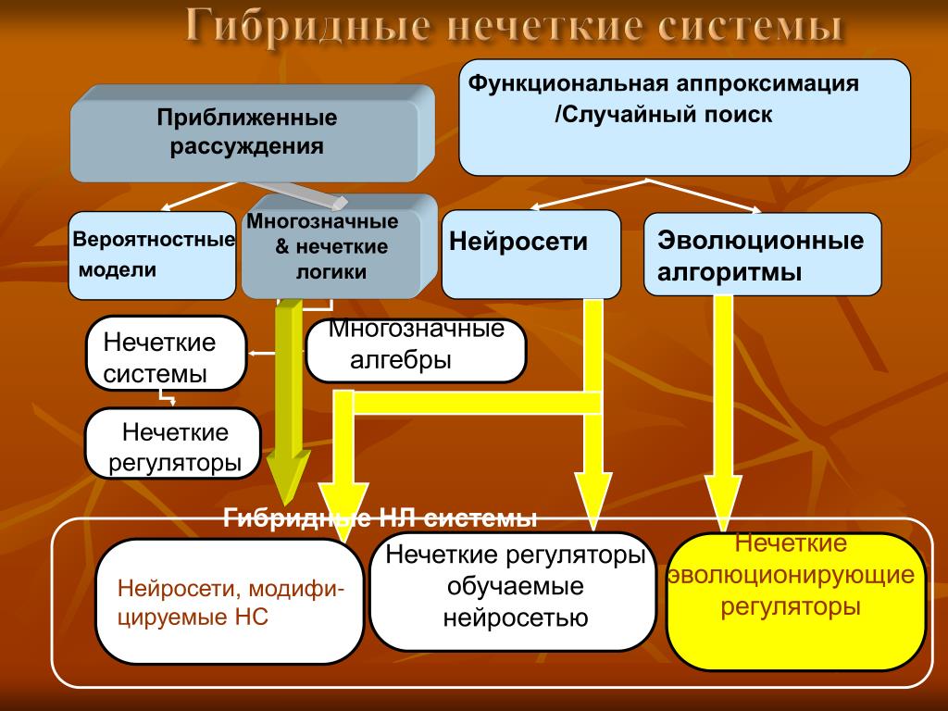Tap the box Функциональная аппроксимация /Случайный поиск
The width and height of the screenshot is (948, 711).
click(684, 118)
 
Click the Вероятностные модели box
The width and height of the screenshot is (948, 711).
click(152, 256)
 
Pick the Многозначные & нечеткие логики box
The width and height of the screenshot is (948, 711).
click(339, 246)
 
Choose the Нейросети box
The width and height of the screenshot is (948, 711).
click(530, 254)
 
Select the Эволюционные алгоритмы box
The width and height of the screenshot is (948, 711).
click(762, 254)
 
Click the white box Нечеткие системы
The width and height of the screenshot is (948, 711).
click(167, 353)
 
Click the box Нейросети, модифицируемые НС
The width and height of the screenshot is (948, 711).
click(230, 602)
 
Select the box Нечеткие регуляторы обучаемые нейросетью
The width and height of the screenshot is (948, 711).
click(513, 592)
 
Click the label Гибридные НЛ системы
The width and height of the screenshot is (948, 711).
click(380, 518)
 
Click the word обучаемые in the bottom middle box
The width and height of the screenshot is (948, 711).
click(515, 586)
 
